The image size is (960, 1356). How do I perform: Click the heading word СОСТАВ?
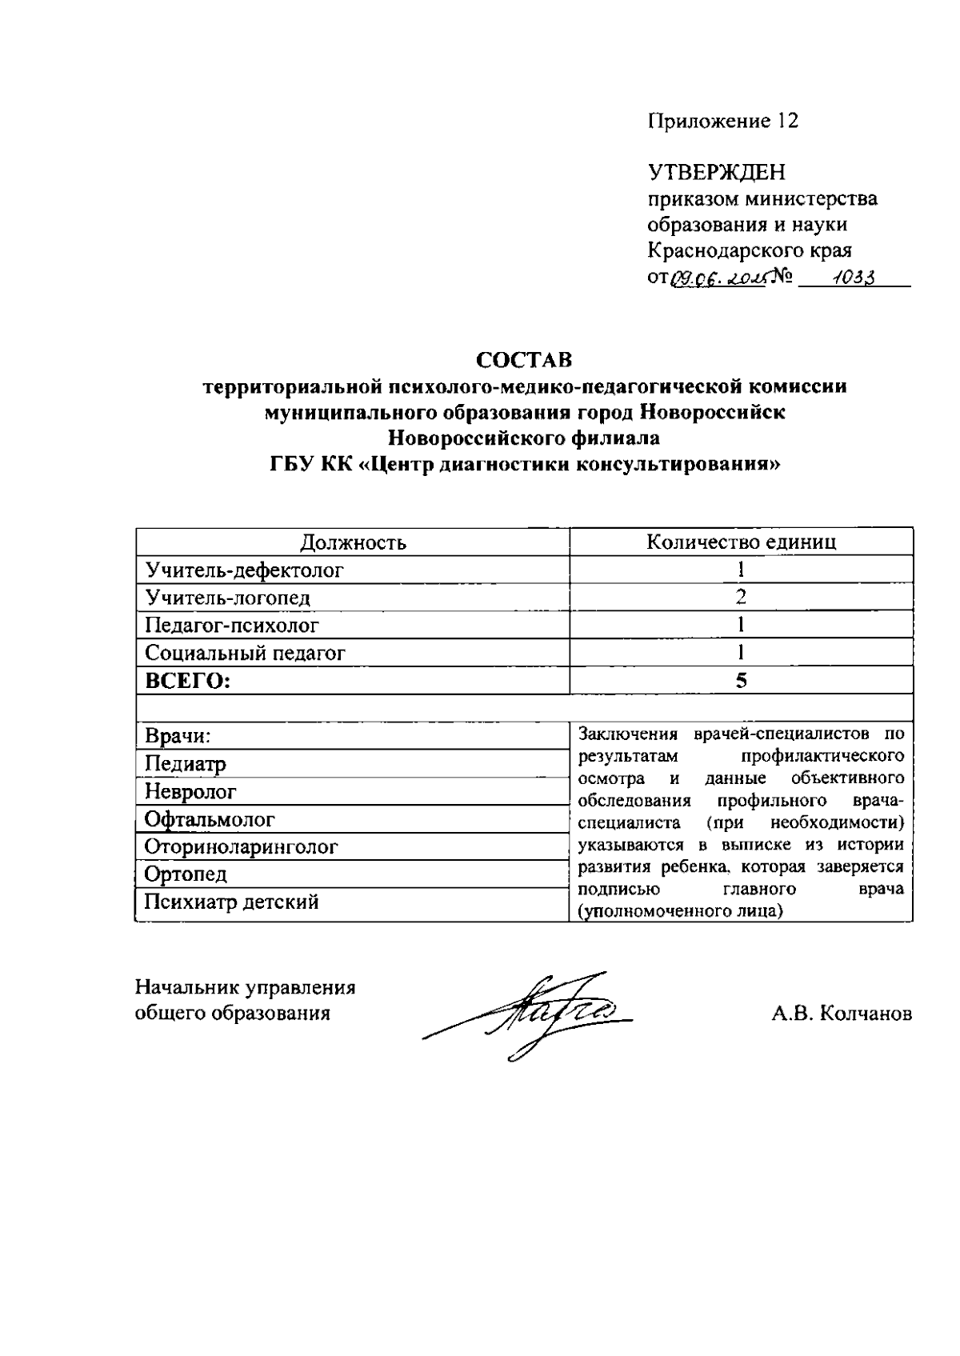(x=525, y=359)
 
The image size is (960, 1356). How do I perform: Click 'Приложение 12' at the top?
(x=722, y=121)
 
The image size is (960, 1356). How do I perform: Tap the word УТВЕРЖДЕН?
(x=716, y=172)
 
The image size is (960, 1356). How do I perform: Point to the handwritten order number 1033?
(x=852, y=277)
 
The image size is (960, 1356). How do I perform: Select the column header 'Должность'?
(x=353, y=542)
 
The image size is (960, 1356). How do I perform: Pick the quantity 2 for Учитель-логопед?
(x=741, y=597)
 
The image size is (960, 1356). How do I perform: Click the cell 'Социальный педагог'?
(x=245, y=653)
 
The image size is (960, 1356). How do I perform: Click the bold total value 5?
(x=741, y=681)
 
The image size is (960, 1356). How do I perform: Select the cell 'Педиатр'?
(x=185, y=764)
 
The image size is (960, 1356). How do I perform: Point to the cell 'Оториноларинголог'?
(x=241, y=846)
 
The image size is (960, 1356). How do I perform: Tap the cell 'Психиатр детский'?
(x=231, y=902)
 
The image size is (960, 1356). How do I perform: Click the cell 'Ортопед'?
(x=186, y=874)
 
